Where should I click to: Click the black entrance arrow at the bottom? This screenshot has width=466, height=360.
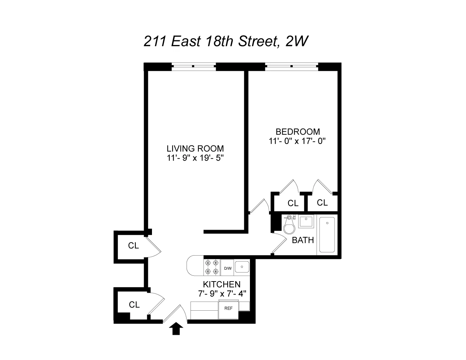[176, 329]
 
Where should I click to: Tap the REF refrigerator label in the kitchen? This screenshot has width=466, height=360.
[228, 308]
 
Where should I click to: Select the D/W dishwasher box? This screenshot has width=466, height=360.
[227, 268]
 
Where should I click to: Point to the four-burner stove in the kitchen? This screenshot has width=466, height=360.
[211, 267]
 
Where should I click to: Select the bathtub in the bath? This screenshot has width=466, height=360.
[327, 234]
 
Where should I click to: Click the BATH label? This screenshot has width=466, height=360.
[303, 240]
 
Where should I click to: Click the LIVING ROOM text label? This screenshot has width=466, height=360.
[195, 148]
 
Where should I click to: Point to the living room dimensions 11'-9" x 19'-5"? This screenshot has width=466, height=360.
[195, 158]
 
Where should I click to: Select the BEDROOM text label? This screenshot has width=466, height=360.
[297, 132]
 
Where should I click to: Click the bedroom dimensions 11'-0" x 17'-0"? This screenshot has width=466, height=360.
[297, 141]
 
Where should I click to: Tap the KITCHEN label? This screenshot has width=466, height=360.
[221, 284]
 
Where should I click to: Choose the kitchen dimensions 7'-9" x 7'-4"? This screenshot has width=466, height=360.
[221, 293]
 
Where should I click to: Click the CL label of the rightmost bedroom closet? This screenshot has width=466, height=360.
[322, 203]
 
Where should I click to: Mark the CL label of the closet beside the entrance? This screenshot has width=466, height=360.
[134, 305]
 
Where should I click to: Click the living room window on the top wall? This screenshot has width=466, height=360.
[193, 66]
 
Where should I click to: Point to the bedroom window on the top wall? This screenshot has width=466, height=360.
[292, 66]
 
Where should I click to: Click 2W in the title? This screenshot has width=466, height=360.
[296, 41]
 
